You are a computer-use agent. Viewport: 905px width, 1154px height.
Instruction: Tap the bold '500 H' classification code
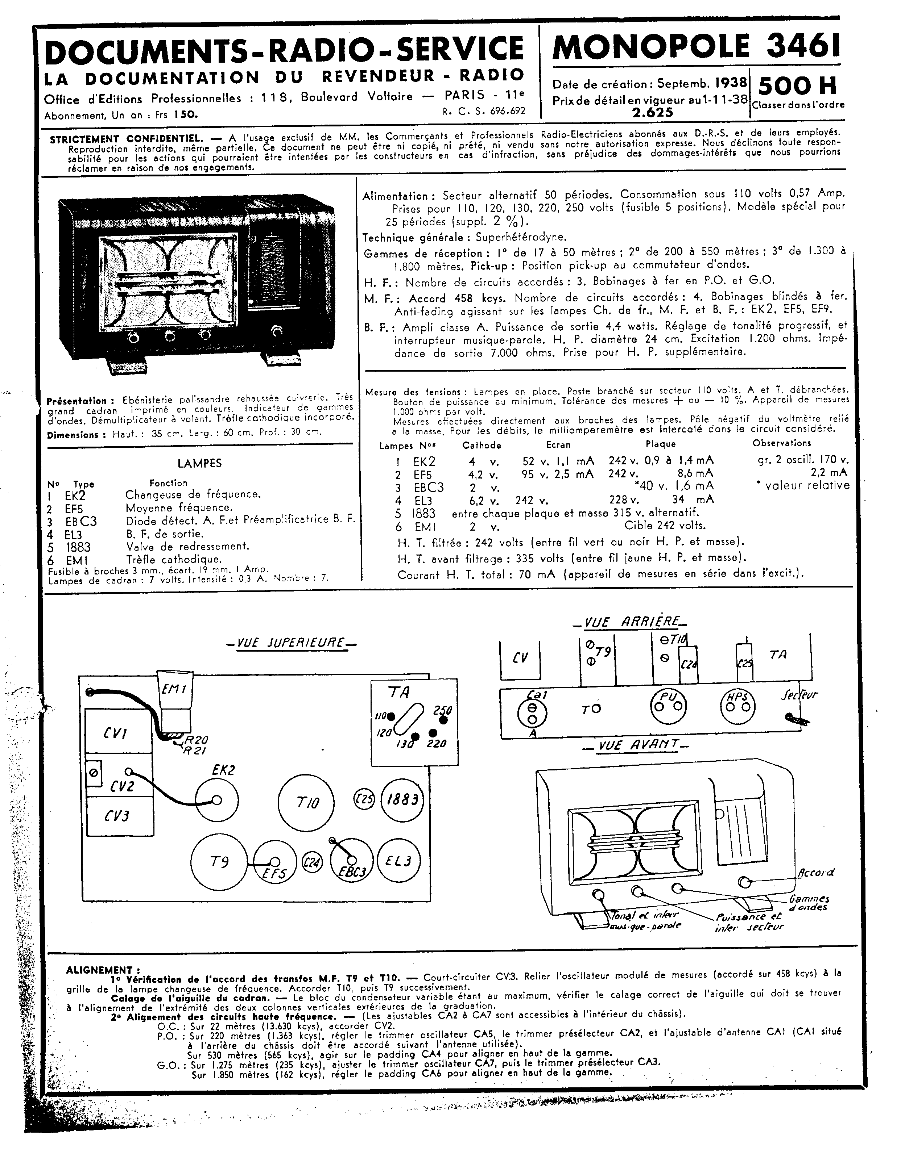pyautogui.click(x=797, y=85)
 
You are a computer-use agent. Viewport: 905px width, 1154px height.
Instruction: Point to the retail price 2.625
pyautogui.click(x=652, y=112)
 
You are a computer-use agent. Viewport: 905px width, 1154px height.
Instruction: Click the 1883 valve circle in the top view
pyautogui.click(x=403, y=800)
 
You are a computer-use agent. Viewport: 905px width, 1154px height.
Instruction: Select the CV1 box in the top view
pyautogui.click(x=115, y=733)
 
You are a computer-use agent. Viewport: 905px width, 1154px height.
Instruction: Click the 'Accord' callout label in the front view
pyautogui.click(x=816, y=872)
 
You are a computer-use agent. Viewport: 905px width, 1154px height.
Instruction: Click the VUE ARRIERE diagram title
pyautogui.click(x=628, y=622)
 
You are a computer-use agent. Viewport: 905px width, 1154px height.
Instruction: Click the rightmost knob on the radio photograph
pyautogui.click(x=277, y=332)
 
